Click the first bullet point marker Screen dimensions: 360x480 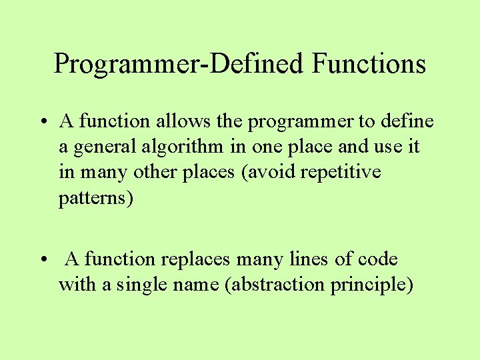pos(42,123)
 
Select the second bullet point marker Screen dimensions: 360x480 pos(42,260)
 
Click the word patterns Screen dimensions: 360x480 pos(96,198)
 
